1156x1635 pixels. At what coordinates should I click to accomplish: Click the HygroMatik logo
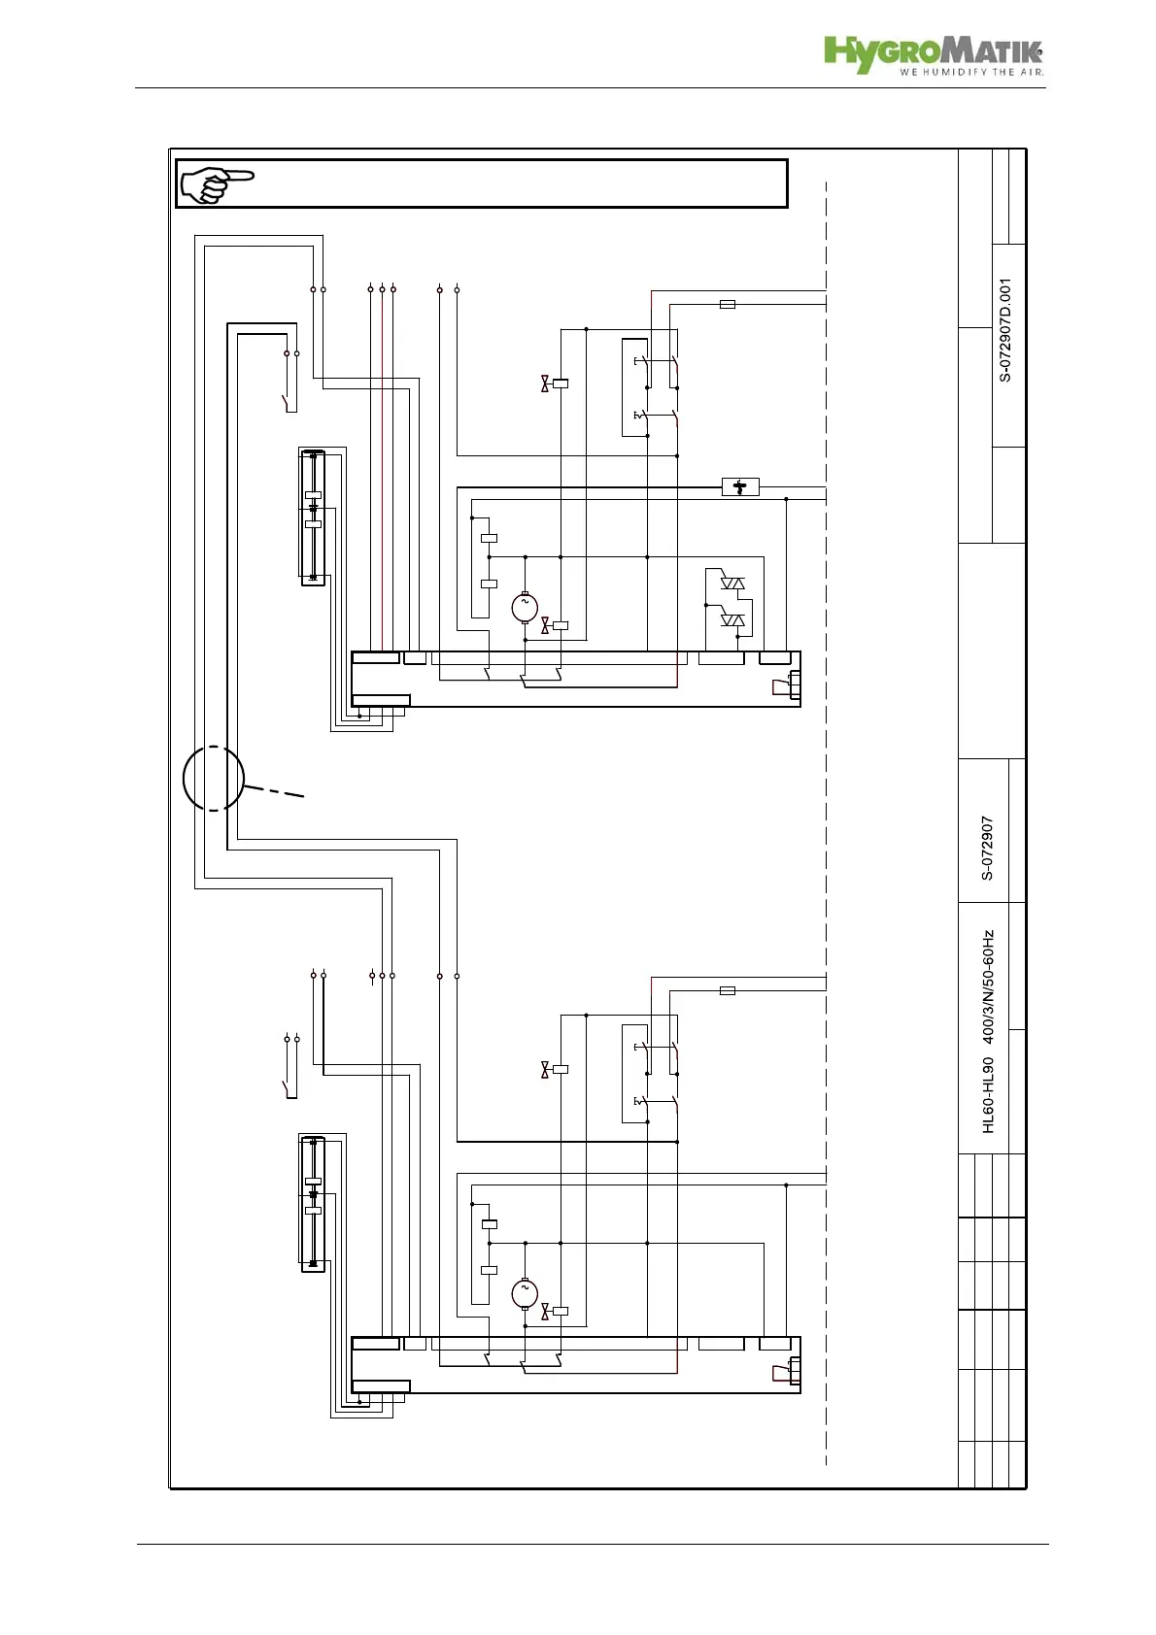[x=933, y=53]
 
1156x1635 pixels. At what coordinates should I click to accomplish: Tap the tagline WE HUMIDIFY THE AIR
[x=970, y=72]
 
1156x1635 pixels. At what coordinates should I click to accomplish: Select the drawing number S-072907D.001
[x=1005, y=330]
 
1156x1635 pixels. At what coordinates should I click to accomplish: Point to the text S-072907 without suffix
[x=987, y=848]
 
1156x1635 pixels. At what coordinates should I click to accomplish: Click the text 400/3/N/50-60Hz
[x=988, y=986]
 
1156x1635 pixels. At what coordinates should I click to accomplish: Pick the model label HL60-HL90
[x=988, y=1094]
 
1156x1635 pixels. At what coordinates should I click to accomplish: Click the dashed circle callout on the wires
[x=214, y=778]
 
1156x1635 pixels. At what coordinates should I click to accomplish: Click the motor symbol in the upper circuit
[x=525, y=607]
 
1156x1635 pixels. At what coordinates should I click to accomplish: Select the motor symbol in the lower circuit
[x=525, y=1293]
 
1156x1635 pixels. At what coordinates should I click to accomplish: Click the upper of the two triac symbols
[x=732, y=584]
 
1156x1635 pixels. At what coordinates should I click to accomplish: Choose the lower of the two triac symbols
[x=732, y=619]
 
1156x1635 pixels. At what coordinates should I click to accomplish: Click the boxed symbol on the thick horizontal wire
[x=740, y=486]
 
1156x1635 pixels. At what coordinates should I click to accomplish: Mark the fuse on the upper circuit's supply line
[x=727, y=304]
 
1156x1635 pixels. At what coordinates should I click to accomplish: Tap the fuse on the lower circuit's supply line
[x=727, y=990]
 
